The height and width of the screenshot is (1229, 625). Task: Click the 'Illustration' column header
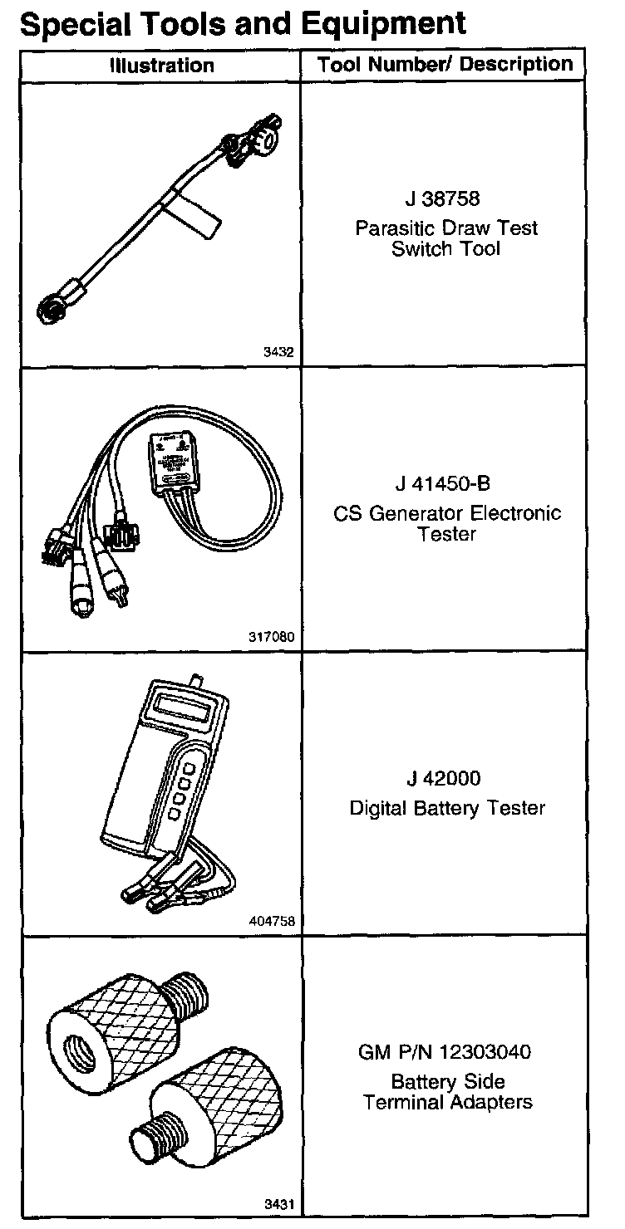(162, 66)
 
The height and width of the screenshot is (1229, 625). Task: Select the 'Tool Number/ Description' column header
(445, 65)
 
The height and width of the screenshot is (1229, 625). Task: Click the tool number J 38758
(445, 199)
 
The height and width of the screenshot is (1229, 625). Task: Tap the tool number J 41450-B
(446, 483)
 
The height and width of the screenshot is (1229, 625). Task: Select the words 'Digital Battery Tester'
(446, 807)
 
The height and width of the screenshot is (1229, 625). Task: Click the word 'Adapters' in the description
(494, 1103)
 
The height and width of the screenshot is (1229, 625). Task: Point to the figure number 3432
(278, 352)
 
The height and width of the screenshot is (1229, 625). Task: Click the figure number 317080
(272, 638)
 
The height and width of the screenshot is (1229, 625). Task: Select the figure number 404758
(272, 922)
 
